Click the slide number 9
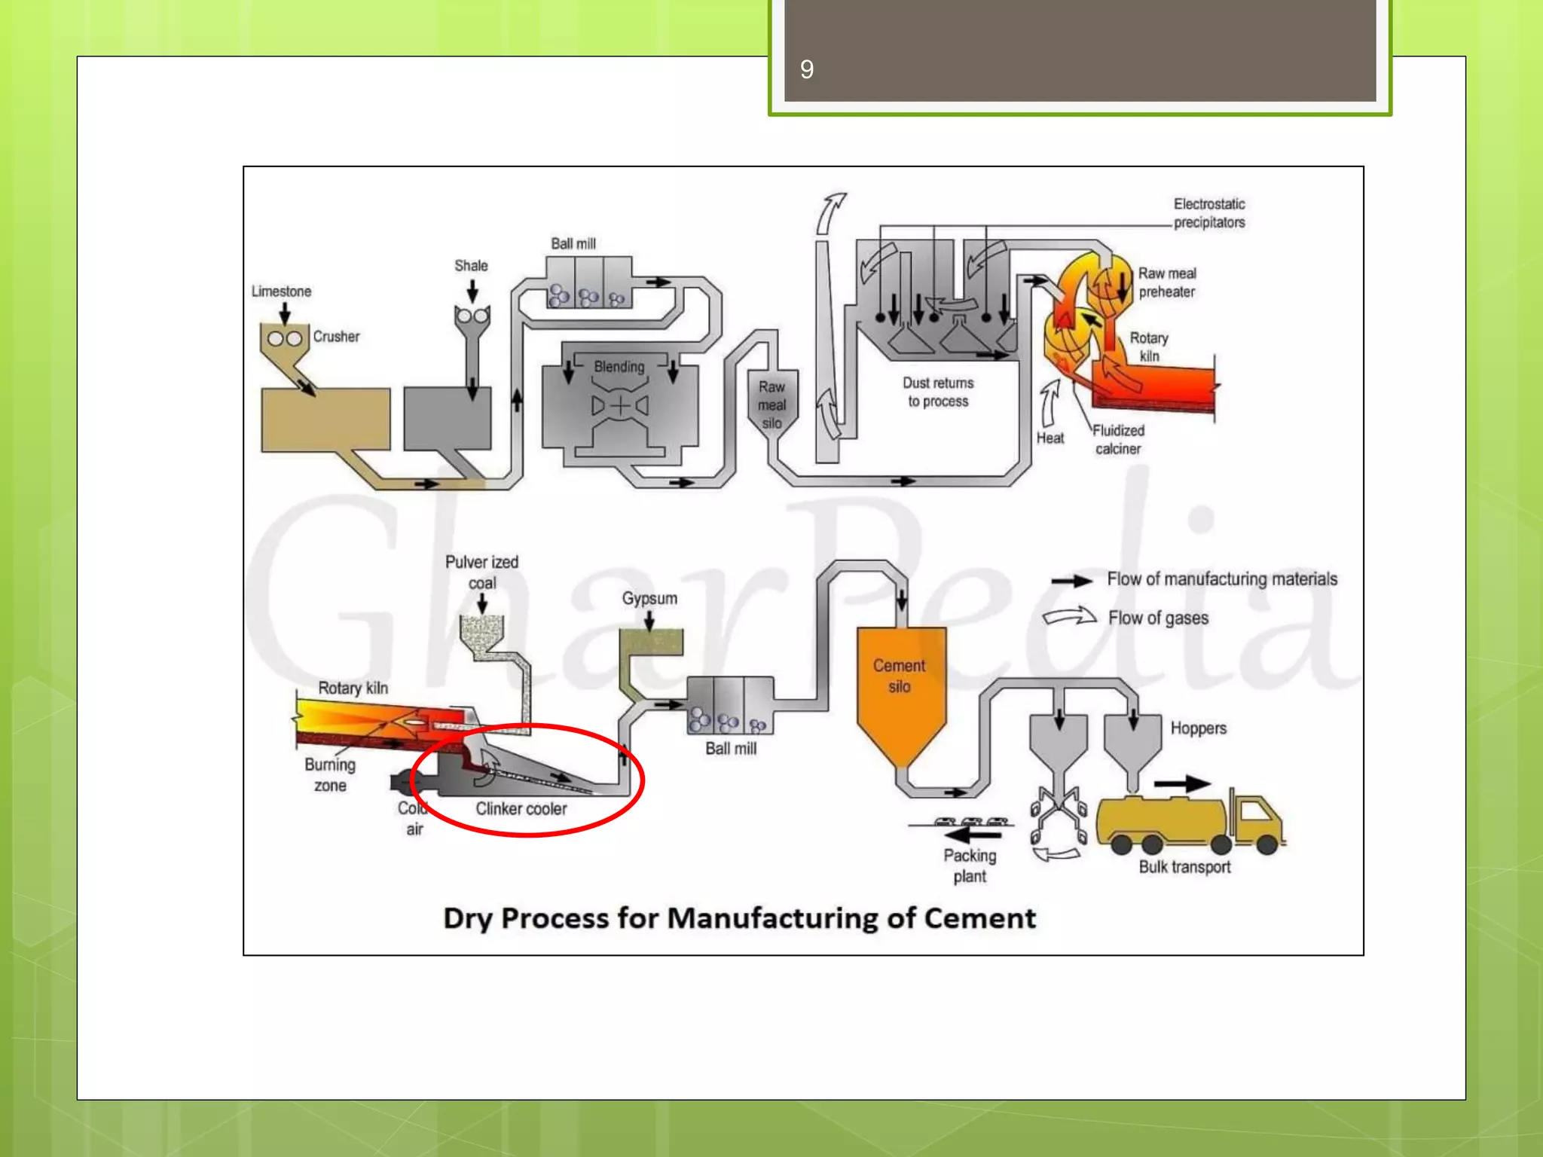click(x=806, y=69)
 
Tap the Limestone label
click(x=281, y=292)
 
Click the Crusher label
click(x=336, y=337)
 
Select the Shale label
click(x=471, y=266)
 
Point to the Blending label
click(x=619, y=367)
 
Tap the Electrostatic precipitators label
click(x=1208, y=213)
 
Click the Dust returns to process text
click(x=938, y=392)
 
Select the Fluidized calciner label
click(x=1118, y=440)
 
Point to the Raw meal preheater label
click(x=1166, y=282)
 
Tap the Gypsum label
click(x=649, y=599)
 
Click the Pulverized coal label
click(x=481, y=572)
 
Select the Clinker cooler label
click(x=521, y=809)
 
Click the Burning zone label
click(x=330, y=775)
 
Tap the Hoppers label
click(x=1198, y=728)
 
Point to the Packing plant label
click(x=970, y=866)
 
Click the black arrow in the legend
click(x=1071, y=581)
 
